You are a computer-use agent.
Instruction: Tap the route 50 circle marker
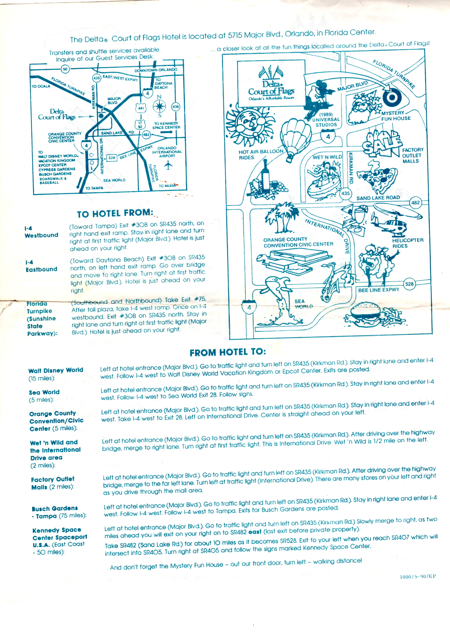click(x=65, y=69)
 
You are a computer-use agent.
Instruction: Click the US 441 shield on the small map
click(x=141, y=108)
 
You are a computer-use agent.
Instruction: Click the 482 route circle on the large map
click(x=415, y=202)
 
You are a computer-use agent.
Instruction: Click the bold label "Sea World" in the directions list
click(x=44, y=392)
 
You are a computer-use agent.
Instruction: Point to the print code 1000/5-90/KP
click(x=418, y=576)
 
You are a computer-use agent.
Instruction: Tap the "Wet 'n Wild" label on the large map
click(x=327, y=157)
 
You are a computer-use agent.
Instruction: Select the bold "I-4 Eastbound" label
click(x=41, y=266)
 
